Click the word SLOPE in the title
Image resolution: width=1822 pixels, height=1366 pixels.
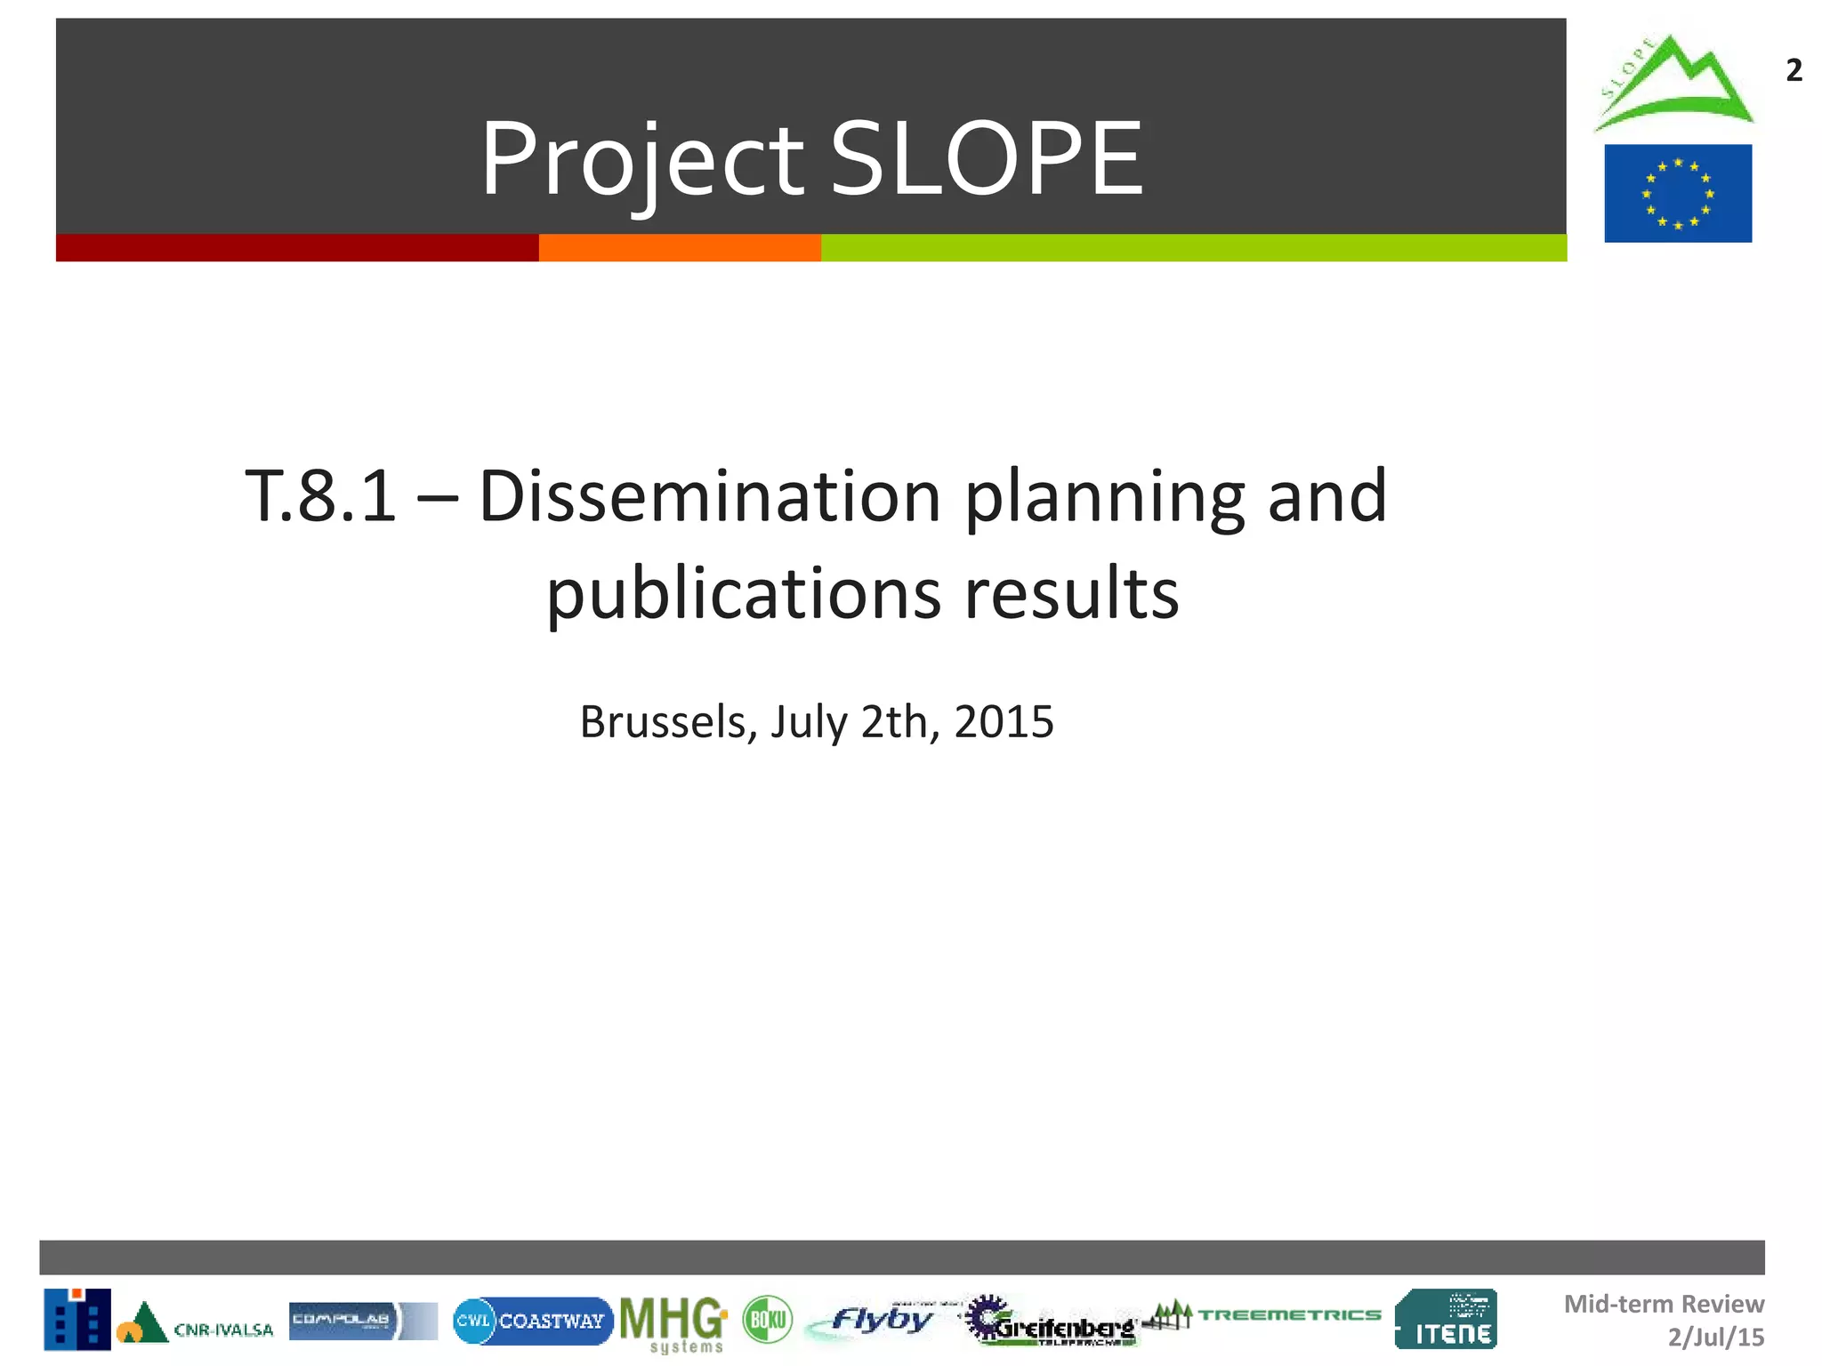986,158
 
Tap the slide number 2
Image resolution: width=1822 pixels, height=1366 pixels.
1794,70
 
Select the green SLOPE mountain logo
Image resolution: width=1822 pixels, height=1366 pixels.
1673,84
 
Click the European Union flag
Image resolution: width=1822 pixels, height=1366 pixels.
1677,193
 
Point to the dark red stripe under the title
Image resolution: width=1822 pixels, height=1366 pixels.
296,247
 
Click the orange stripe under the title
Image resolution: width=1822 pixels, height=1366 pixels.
679,247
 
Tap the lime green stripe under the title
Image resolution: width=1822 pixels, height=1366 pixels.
1192,247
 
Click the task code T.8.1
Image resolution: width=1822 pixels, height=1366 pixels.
320,496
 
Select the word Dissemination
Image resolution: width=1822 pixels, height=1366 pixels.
709,496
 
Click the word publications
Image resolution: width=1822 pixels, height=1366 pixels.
743,594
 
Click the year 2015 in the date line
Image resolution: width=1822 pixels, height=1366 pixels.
1004,721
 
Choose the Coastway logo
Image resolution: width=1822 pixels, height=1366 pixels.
532,1321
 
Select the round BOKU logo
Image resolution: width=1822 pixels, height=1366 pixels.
767,1320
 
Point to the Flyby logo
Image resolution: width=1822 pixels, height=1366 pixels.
876,1321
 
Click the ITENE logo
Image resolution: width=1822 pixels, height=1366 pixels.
1446,1319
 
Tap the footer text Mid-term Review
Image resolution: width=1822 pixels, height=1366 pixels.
1663,1304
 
